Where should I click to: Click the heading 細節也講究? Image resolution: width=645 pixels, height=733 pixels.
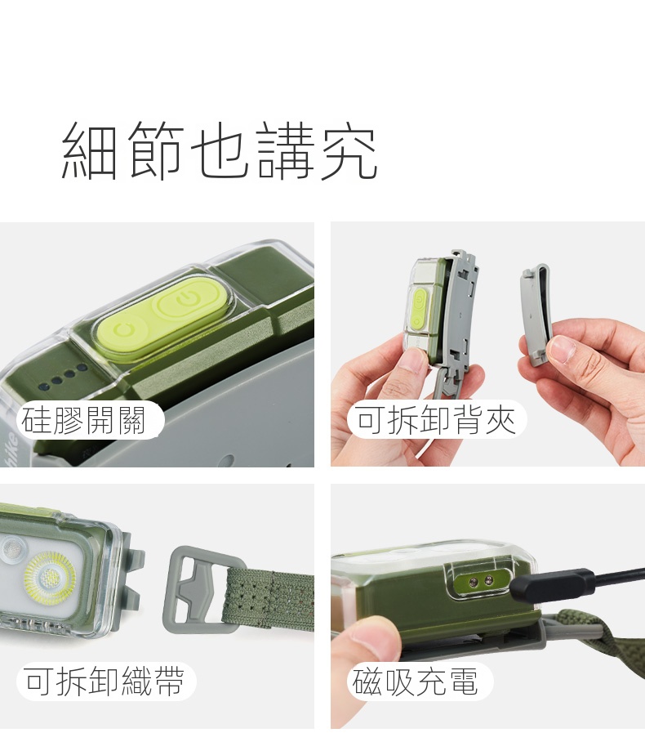pos(220,150)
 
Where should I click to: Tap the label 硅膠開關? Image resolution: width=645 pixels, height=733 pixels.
pos(84,420)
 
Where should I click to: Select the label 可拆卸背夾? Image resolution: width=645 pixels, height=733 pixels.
pos(436,419)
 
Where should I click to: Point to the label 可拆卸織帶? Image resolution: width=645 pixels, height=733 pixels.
pos(105,682)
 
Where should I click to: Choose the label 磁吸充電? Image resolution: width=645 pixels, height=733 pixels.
pos(416,682)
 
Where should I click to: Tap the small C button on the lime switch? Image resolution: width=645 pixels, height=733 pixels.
pos(123,329)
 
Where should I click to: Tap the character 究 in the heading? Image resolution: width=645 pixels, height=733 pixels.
pos(349,150)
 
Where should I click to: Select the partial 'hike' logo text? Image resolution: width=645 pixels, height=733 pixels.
pos(11,449)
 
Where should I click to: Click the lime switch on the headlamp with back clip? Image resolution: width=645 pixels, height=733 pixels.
pos(419,308)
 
